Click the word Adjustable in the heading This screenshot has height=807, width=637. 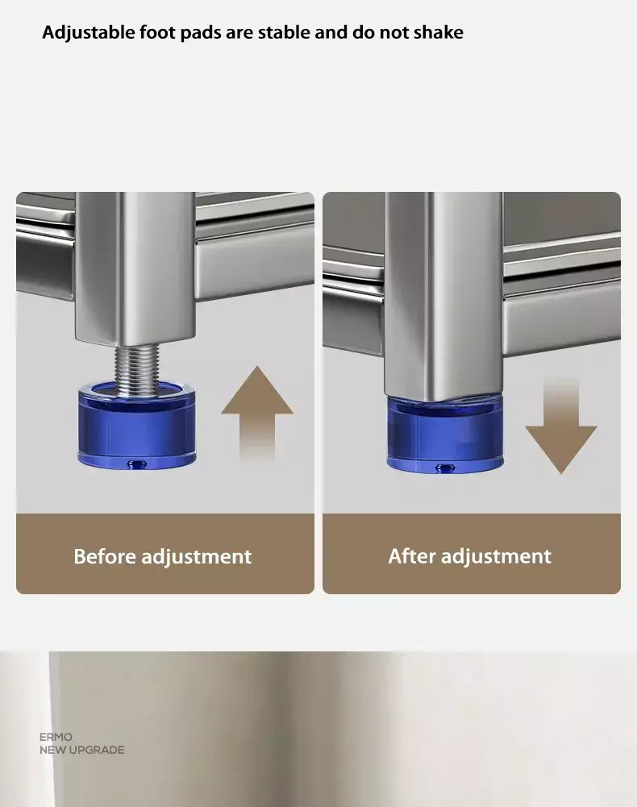pyautogui.click(x=89, y=33)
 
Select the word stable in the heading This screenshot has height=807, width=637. pyautogui.click(x=283, y=32)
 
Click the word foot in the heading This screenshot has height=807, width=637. pyautogui.click(x=156, y=32)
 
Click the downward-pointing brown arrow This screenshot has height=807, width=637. pyautogui.click(x=561, y=427)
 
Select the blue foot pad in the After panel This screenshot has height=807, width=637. pyautogui.click(x=445, y=435)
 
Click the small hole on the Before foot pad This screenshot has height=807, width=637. pyautogui.click(x=137, y=464)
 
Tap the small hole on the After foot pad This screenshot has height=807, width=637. pyautogui.click(x=446, y=468)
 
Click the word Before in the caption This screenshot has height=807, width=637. pyautogui.click(x=105, y=556)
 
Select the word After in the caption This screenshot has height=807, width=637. pyautogui.click(x=412, y=555)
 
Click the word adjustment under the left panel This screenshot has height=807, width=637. pyautogui.click(x=196, y=557)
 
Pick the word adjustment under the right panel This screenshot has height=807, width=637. pyautogui.click(x=496, y=557)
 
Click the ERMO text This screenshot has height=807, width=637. pyautogui.click(x=56, y=737)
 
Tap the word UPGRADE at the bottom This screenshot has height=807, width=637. pyautogui.click(x=97, y=750)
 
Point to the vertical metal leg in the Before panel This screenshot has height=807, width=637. pyautogui.click(x=136, y=268)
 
